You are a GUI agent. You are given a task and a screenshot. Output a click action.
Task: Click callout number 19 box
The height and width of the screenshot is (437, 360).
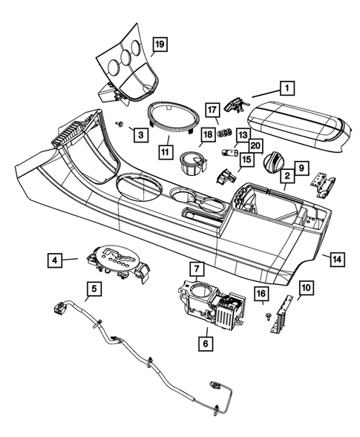[x=158, y=45]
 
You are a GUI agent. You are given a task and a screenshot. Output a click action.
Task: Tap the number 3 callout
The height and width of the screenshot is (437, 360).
[x=138, y=134]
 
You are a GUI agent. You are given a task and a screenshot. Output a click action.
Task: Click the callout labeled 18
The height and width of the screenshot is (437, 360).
[x=206, y=134]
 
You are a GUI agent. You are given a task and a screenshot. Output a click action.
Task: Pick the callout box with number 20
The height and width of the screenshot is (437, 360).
[x=255, y=145]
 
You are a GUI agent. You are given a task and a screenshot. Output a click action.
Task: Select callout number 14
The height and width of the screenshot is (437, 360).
[x=336, y=259]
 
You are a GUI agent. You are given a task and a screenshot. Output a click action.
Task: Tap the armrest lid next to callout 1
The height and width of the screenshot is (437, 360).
[x=297, y=120]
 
